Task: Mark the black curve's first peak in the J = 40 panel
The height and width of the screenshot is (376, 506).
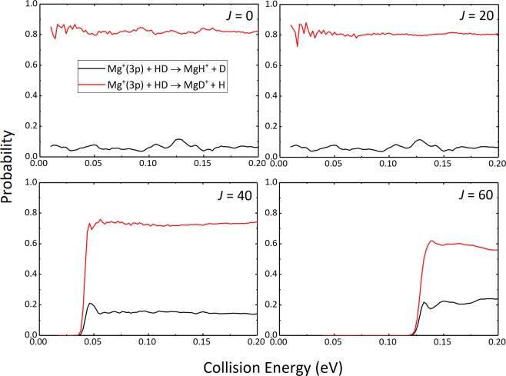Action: [91, 304]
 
